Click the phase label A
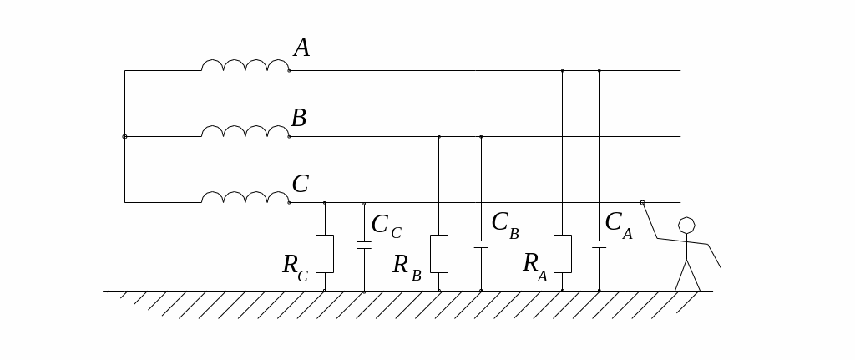[301, 49]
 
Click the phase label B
[298, 119]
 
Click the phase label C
[300, 185]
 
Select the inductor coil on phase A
[245, 65]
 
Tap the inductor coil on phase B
[245, 131]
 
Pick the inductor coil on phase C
[245, 197]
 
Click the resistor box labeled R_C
[325, 253]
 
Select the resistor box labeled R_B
[439, 253]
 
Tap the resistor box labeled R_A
[563, 253]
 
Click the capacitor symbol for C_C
[364, 245]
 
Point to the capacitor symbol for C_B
[481, 244]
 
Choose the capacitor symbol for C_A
[599, 244]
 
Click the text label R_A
[534, 266]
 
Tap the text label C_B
[504, 225]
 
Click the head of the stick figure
[686, 226]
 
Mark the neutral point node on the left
[125, 136]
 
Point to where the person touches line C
[642, 202]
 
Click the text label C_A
[618, 225]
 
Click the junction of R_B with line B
[439, 136]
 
